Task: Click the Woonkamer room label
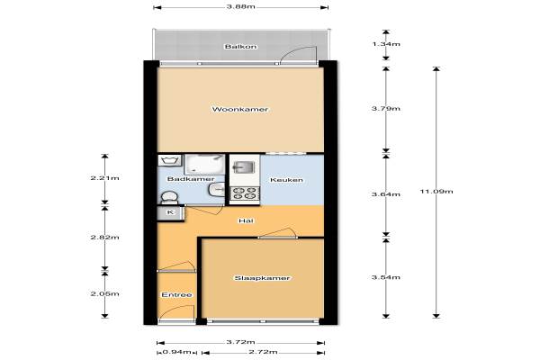[240, 110]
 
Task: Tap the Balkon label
[240, 47]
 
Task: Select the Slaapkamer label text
[262, 278]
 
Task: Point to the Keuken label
[286, 180]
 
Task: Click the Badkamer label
[191, 179]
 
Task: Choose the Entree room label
[176, 295]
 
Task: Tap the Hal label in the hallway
[247, 220]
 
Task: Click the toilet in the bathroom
[169, 197]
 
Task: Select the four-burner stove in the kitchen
[245, 193]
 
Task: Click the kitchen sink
[244, 167]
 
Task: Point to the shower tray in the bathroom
[204, 165]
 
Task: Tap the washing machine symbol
[169, 160]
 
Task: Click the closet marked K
[171, 212]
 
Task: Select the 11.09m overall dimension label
[436, 191]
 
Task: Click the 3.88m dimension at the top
[240, 7]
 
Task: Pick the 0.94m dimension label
[176, 352]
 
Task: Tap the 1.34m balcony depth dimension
[386, 44]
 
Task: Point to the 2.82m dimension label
[105, 238]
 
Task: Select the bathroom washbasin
[217, 190]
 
